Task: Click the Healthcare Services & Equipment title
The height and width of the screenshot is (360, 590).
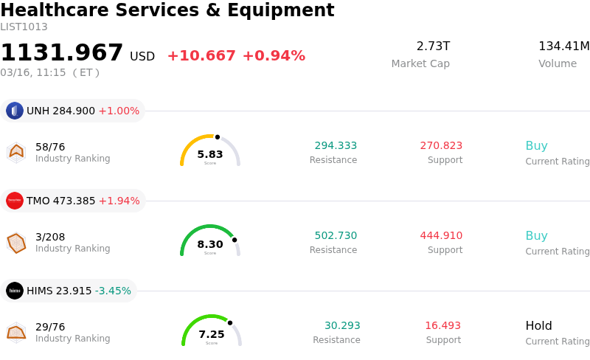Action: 167,11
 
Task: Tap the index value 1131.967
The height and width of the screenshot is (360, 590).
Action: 62,53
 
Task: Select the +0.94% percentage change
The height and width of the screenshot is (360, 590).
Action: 274,56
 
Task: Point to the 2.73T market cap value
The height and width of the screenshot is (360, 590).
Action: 433,46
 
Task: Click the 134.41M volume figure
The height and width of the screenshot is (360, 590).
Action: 564,46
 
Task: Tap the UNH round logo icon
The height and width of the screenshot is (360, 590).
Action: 15,111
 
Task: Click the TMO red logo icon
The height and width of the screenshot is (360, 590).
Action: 15,201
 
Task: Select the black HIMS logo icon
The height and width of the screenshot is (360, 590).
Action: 15,291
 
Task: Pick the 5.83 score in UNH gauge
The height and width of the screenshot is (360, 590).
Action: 210,155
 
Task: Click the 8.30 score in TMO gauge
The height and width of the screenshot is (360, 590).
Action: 210,245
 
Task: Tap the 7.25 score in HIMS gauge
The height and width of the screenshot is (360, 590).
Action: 212,335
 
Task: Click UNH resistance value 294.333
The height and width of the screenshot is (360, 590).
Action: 336,146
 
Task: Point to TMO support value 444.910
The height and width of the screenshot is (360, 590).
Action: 441,236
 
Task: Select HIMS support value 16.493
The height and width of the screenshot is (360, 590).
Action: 442,326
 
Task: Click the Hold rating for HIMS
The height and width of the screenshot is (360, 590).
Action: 538,326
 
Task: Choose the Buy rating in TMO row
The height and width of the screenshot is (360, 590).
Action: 536,236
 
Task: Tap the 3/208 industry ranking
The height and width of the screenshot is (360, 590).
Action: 50,237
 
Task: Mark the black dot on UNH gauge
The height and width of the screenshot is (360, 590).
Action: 218,136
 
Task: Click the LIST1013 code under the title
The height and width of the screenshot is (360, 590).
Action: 24,27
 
